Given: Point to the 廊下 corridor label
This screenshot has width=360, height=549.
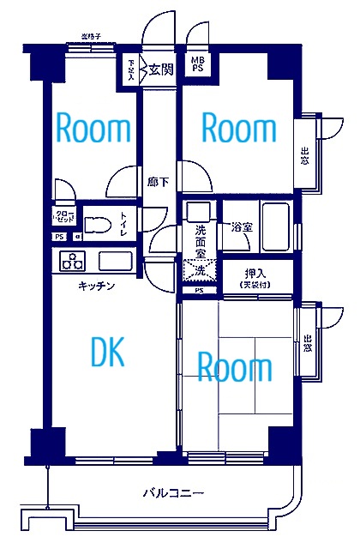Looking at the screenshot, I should (157, 182).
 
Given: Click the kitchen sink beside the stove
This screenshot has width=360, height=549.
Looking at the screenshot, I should (114, 261).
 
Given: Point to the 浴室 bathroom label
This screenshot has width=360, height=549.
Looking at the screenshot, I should (242, 228).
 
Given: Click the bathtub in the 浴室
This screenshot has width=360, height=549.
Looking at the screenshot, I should (279, 225).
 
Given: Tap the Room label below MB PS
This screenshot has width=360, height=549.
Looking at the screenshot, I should (238, 129).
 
